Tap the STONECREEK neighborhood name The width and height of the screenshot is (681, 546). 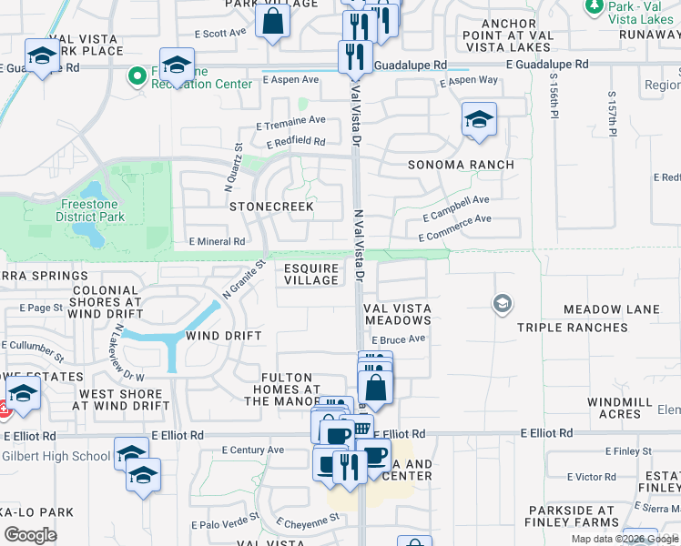click(x=271, y=207)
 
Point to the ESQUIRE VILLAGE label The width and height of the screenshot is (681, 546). click(x=311, y=274)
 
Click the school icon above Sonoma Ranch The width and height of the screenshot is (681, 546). click(x=479, y=120)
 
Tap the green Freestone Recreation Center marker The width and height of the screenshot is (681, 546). click(x=137, y=76)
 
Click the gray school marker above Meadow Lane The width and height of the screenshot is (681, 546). click(x=502, y=303)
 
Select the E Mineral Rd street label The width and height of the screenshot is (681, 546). click(x=217, y=242)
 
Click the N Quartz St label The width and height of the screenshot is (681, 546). click(x=232, y=166)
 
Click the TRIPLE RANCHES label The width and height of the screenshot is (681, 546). click(x=562, y=327)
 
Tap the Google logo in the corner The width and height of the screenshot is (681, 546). click(x=30, y=535)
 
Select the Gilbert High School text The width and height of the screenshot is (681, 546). click(x=56, y=456)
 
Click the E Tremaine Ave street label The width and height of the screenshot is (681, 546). click(x=290, y=120)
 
